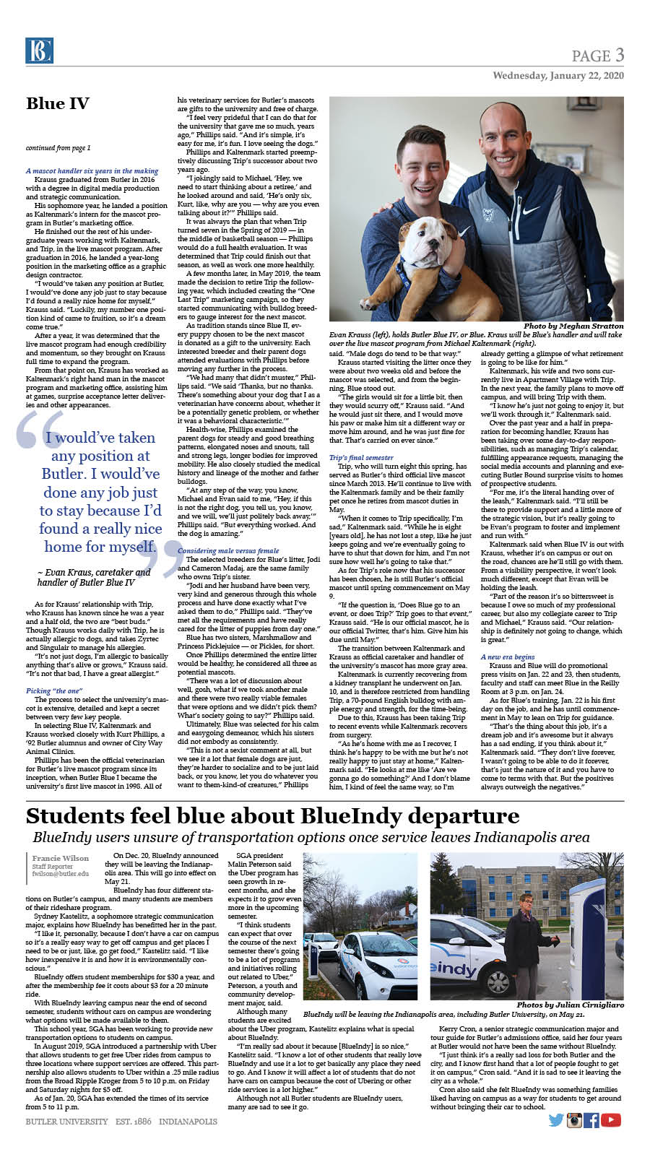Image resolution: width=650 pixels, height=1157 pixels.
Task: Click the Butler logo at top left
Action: (x=39, y=51)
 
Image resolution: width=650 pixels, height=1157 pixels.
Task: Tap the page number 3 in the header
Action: (x=619, y=55)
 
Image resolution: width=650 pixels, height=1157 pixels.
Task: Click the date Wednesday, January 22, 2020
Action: (x=558, y=76)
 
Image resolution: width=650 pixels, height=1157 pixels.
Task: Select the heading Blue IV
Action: (x=58, y=103)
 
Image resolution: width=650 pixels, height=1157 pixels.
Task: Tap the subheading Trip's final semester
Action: (x=361, y=458)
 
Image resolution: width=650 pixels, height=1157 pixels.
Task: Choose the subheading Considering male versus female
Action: (x=227, y=551)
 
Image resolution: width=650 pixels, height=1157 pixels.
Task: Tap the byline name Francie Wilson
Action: (x=61, y=859)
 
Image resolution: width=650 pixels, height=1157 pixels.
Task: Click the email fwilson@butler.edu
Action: (x=61, y=873)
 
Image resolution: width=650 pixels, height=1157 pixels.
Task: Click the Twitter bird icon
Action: (x=556, y=1120)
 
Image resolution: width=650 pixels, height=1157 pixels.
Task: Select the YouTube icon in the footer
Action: (x=611, y=1120)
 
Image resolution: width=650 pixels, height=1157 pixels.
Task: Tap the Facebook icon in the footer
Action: (x=591, y=1120)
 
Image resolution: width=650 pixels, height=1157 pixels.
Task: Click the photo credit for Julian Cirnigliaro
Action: (x=570, y=1005)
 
